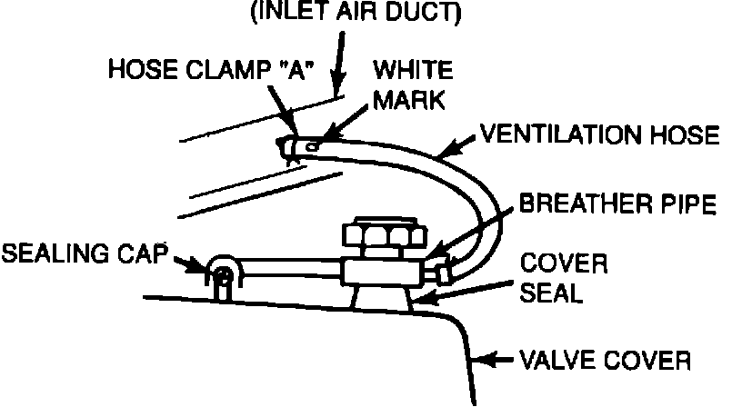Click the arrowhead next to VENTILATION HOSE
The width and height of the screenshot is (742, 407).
[445, 154]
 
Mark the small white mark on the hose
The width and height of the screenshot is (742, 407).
[312, 144]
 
